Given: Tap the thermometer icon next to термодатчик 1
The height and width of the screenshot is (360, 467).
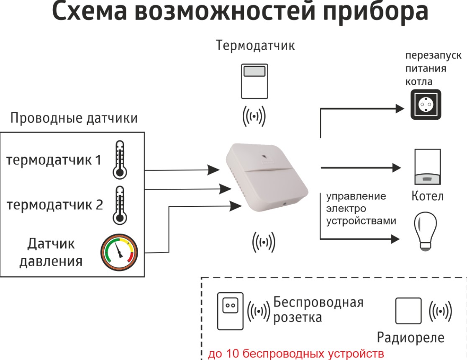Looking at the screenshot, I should click(x=120, y=159).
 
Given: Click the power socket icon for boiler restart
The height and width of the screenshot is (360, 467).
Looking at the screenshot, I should click(x=426, y=105).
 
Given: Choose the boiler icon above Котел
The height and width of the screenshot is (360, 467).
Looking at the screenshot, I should click(x=427, y=166).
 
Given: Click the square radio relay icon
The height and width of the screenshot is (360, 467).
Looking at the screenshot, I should click(x=408, y=310).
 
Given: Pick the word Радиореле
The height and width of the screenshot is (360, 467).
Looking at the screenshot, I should click(x=411, y=337).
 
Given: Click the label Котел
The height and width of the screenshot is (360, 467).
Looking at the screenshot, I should click(x=427, y=196).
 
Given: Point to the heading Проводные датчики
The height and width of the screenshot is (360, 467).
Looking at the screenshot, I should click(x=74, y=118).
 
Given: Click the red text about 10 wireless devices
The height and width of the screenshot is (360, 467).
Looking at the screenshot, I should click(x=296, y=352).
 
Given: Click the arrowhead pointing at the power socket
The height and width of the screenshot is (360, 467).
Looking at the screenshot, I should click(x=399, y=109).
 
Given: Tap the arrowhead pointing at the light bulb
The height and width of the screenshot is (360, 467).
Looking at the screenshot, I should click(x=395, y=239).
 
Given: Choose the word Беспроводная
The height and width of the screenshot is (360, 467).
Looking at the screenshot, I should click(x=318, y=302).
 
